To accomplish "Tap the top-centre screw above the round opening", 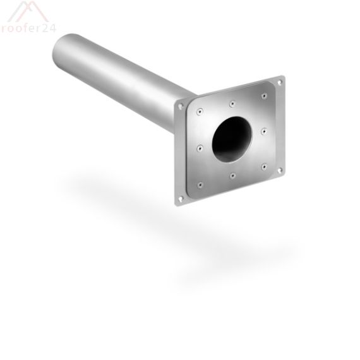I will (232, 102).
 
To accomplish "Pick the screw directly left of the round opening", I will (200, 148).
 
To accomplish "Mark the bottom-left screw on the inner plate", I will (200, 185).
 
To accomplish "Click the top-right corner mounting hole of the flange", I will (280, 81).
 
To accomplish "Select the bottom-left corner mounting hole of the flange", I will (181, 199).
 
